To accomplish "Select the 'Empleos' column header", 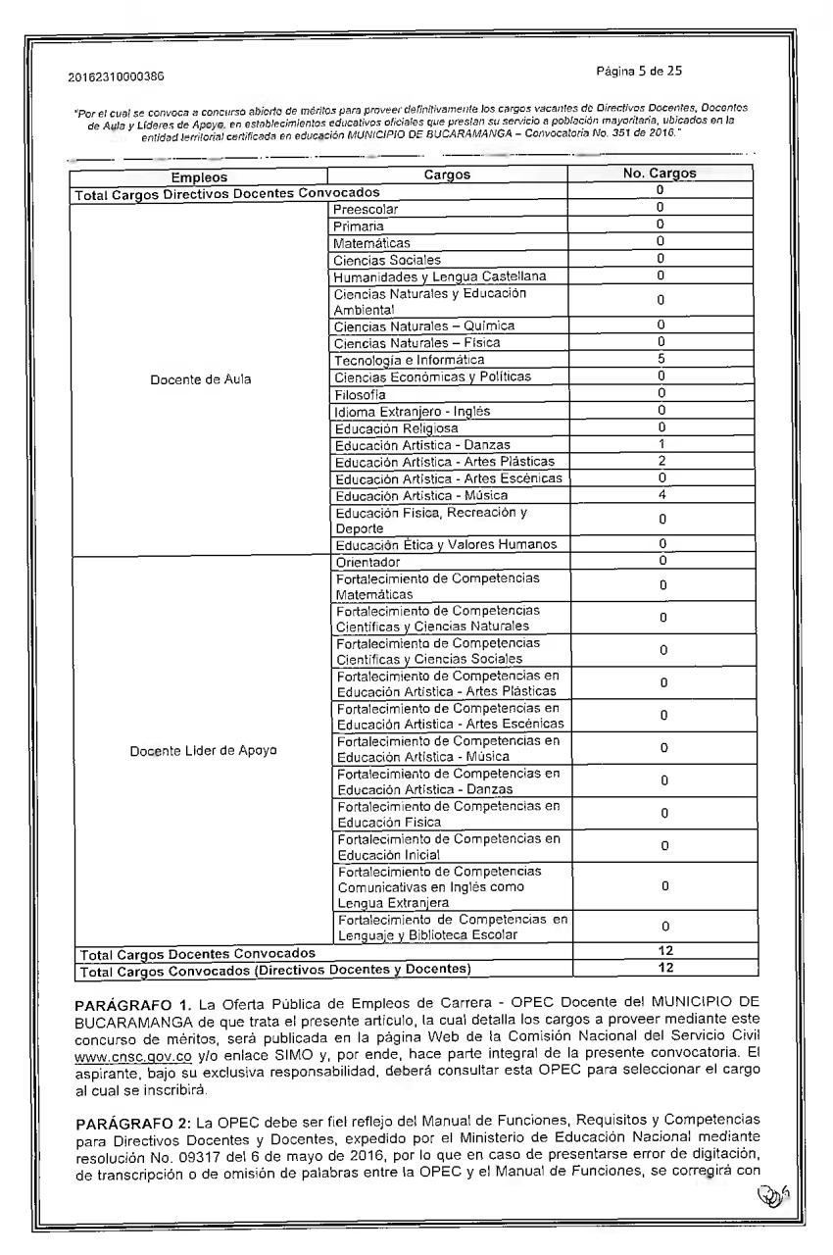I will (x=199, y=176).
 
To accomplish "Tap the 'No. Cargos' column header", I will (x=660, y=174).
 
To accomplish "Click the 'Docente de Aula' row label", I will (x=200, y=378).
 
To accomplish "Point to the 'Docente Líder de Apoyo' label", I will (x=203, y=750).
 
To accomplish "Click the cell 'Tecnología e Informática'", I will (x=409, y=360).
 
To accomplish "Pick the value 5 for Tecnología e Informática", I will (x=661, y=360).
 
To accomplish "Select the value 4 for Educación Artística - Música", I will (x=661, y=494).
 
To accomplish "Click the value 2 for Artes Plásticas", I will (x=661, y=461).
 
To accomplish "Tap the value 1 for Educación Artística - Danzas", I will (x=661, y=444).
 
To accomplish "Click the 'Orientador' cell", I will (x=367, y=562).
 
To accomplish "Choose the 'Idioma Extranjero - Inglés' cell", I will (x=412, y=411).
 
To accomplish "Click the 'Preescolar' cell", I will (x=366, y=209).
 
